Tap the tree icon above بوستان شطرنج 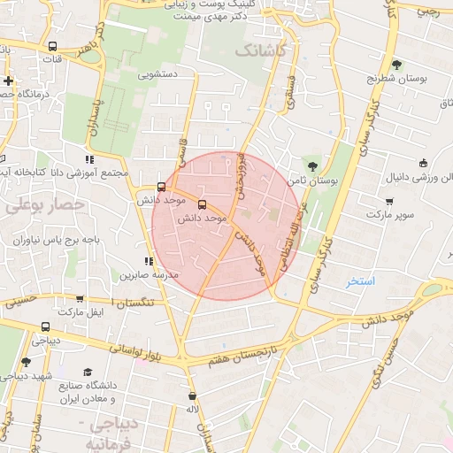(x=397, y=65)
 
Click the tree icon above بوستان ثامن (x=311, y=165)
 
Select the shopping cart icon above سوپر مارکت (x=390, y=200)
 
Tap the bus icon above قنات (x=53, y=46)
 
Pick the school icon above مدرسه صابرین (x=149, y=261)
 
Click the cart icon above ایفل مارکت (x=81, y=299)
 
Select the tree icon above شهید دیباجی (x=26, y=361)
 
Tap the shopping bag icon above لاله (x=193, y=395)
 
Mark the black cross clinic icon (x=8, y=81)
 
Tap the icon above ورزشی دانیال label (x=425, y=162)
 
